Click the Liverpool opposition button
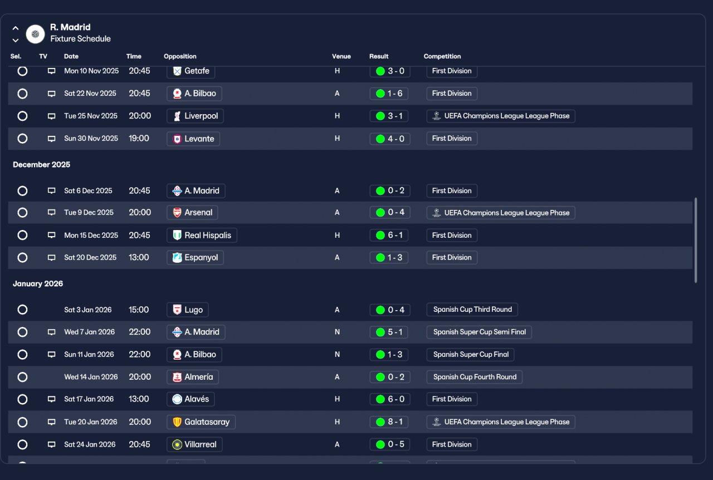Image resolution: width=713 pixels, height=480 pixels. click(x=195, y=116)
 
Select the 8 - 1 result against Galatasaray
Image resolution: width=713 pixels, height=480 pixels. click(x=389, y=422)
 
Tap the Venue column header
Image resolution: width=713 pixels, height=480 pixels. click(x=341, y=56)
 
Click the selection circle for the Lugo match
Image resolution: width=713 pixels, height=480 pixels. click(x=22, y=310)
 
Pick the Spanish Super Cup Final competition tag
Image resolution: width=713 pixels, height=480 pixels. click(x=471, y=355)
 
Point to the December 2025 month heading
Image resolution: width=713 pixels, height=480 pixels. click(x=41, y=165)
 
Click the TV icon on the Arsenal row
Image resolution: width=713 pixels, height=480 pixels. click(x=52, y=212)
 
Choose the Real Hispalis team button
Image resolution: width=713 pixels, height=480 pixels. click(x=202, y=235)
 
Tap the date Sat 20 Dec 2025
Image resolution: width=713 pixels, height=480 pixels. click(x=90, y=257)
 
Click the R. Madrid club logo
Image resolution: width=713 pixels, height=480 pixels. click(x=35, y=34)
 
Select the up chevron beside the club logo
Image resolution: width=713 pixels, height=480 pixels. click(x=15, y=28)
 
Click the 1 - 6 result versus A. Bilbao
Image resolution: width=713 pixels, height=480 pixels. click(x=389, y=94)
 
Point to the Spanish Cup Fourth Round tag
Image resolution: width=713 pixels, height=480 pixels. click(x=474, y=377)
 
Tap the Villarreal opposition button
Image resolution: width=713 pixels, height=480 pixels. click(x=194, y=444)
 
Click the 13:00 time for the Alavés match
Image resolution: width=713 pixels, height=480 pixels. click(x=139, y=399)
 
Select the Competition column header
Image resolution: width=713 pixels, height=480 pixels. click(x=442, y=56)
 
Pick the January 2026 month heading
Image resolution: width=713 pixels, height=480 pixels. click(x=38, y=283)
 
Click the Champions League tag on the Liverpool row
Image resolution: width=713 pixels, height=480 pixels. click(x=501, y=116)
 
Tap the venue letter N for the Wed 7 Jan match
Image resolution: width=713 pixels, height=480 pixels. click(x=337, y=332)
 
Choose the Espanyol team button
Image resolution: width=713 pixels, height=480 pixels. click(x=195, y=257)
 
